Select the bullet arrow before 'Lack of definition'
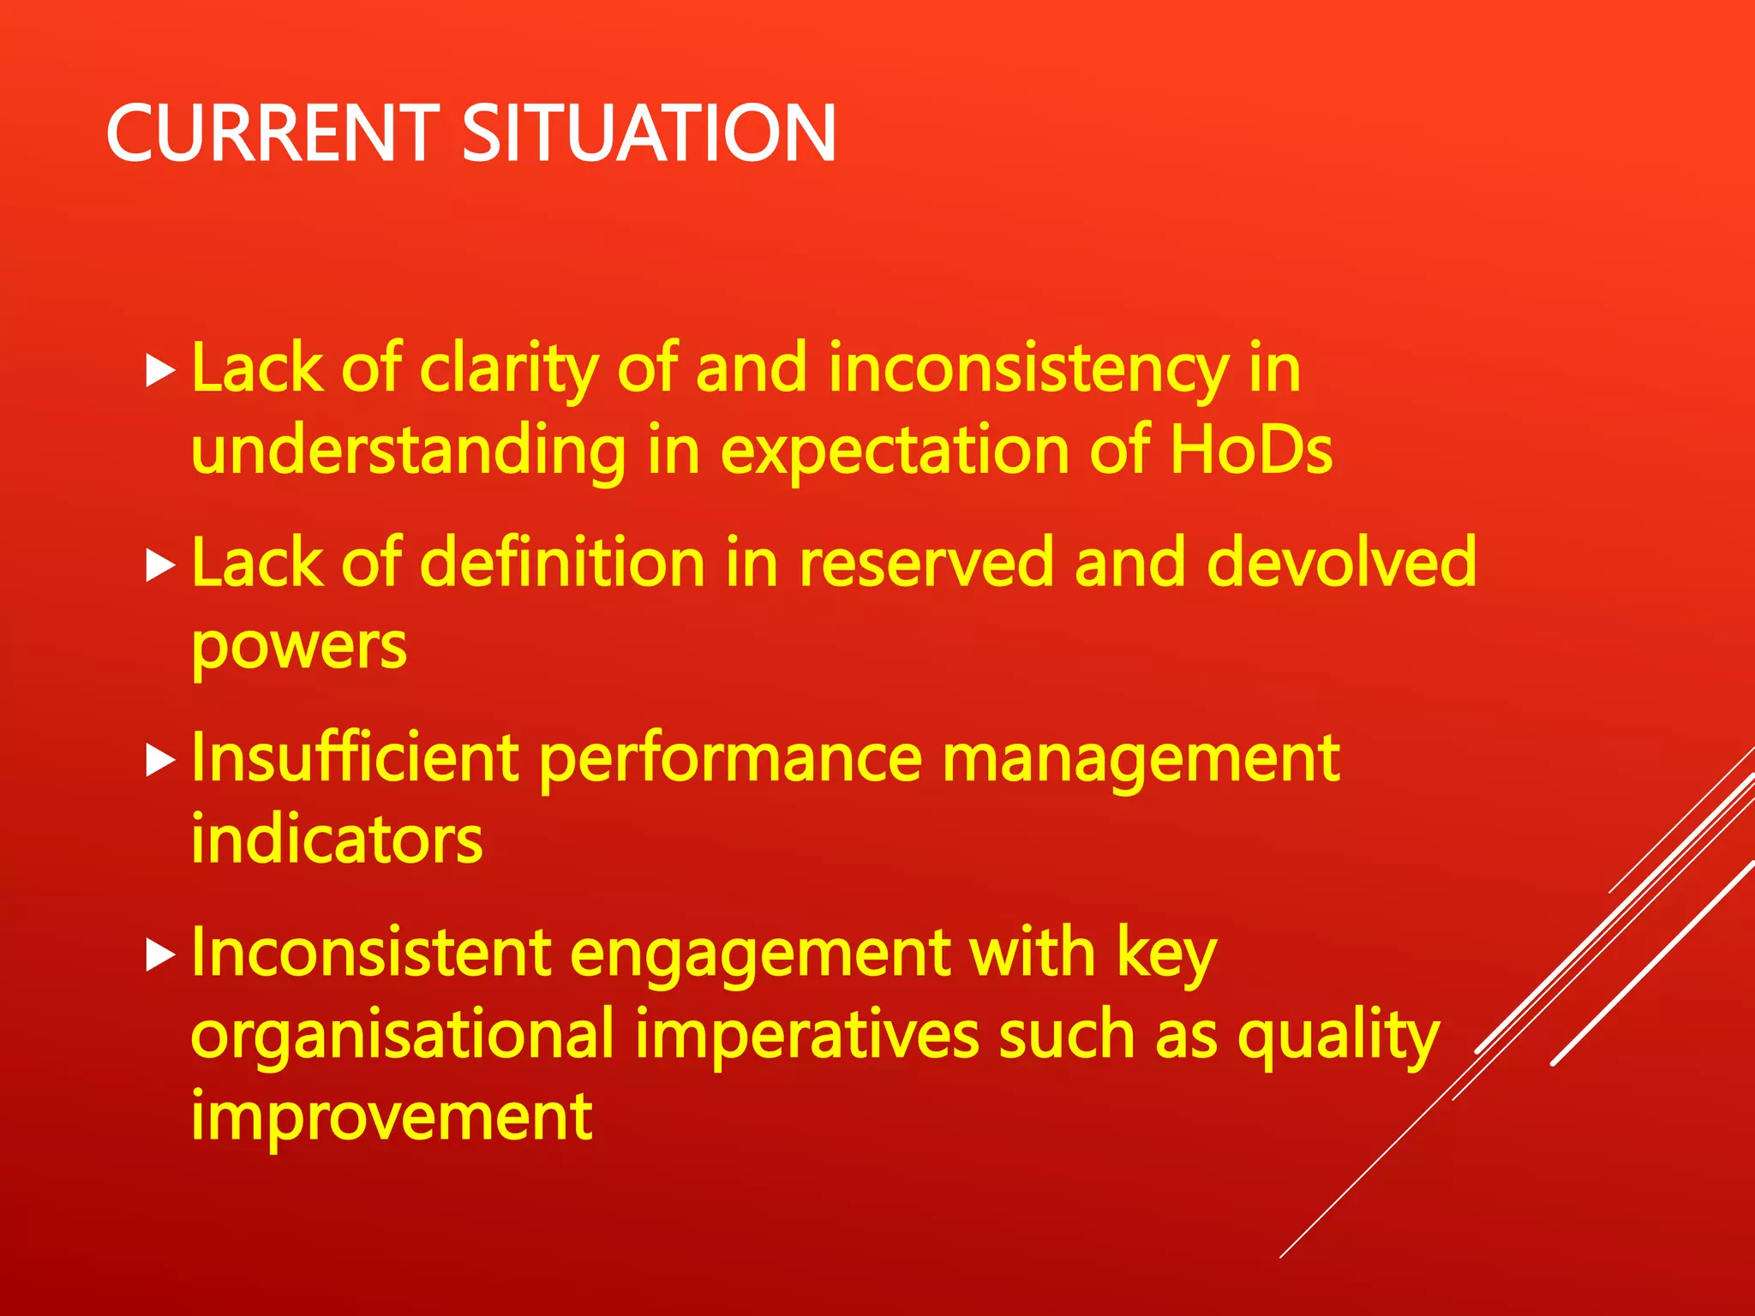(160, 565)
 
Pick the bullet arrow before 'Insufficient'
(160, 760)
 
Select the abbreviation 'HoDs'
(1251, 450)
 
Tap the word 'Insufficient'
(355, 758)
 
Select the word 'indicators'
(337, 840)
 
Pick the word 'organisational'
(402, 1036)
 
